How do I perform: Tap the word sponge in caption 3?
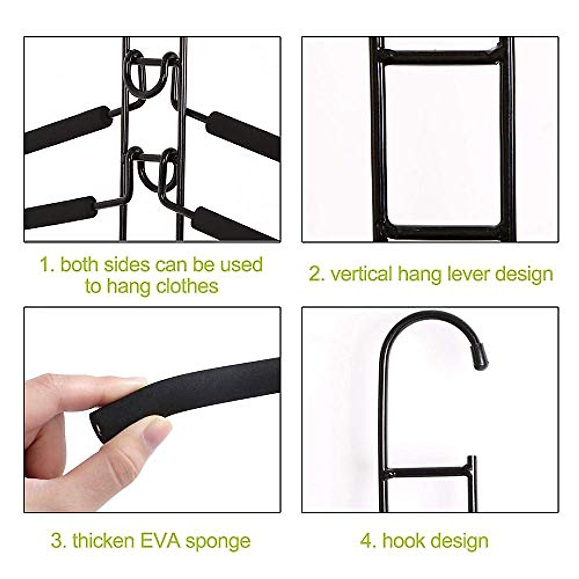tap(218, 541)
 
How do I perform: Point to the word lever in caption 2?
tap(465, 274)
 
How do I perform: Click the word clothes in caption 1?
tap(187, 286)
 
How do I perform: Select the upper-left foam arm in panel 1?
tap(68, 129)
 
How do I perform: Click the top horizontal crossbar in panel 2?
tap(441, 56)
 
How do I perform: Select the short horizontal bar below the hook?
tap(429, 472)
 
